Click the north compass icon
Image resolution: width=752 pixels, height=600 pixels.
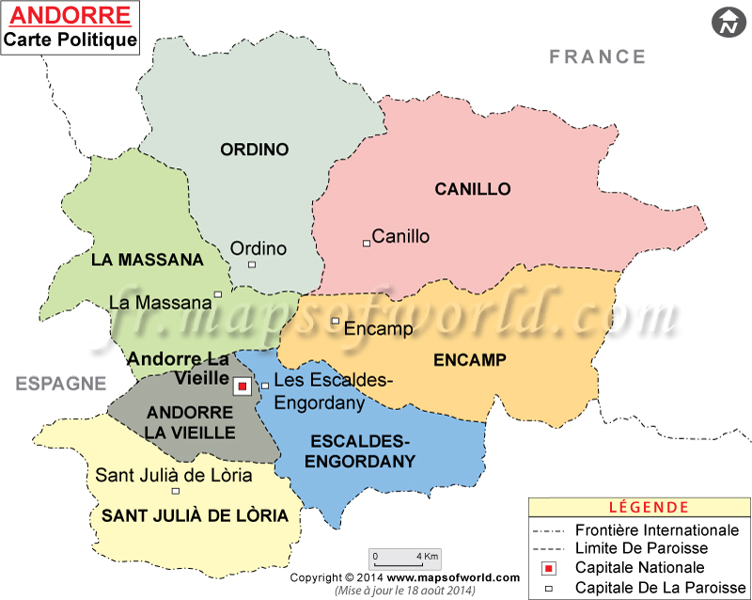tap(727, 23)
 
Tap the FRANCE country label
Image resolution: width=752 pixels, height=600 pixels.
tap(598, 56)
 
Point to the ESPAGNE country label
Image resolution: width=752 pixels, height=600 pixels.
tap(60, 383)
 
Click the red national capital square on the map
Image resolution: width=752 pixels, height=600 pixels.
tap(242, 386)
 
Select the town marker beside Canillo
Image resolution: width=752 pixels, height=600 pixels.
tap(367, 243)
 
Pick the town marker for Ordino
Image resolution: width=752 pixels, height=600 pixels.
tap(251, 264)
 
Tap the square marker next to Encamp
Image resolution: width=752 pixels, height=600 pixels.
tap(335, 322)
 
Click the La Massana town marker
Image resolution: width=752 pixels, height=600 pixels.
tap(218, 294)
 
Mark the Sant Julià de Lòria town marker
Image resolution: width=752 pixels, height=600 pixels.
tap(175, 490)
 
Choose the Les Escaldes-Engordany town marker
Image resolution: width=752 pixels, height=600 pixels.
tap(265, 385)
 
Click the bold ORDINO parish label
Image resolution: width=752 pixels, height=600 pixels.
tap(254, 149)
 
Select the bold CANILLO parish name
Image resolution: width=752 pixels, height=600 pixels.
tap(472, 189)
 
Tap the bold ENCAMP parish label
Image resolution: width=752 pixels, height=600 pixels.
tap(470, 359)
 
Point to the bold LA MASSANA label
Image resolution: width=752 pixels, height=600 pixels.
tap(148, 259)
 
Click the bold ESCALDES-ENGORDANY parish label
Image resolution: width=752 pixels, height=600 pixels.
tap(362, 450)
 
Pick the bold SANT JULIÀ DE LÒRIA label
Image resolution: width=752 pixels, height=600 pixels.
tap(195, 515)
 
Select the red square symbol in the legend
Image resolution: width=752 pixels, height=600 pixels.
tap(549, 568)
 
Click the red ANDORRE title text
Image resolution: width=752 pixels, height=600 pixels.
tap(69, 16)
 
